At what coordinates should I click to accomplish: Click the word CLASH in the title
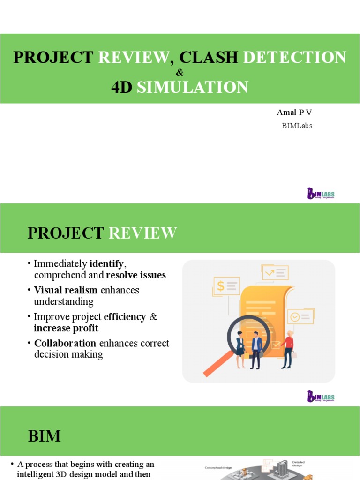[x=209, y=57]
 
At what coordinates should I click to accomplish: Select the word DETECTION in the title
[x=295, y=57]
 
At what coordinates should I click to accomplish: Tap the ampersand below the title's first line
[x=180, y=73]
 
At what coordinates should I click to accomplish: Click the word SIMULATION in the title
[x=193, y=87]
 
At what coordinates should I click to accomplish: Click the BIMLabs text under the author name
[x=297, y=126]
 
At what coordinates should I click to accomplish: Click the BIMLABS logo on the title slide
[x=321, y=193]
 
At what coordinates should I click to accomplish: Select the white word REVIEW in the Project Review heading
[x=143, y=233]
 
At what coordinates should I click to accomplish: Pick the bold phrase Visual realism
[x=66, y=290]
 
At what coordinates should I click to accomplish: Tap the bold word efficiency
[x=125, y=317]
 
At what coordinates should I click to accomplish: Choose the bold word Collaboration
[x=65, y=343]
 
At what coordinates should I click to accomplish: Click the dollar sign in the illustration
[x=220, y=285]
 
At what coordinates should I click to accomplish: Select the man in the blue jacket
[x=256, y=349]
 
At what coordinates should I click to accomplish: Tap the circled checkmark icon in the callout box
[x=294, y=317]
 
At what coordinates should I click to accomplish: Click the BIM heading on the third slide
[x=44, y=436]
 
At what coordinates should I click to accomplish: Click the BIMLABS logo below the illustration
[x=321, y=397]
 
